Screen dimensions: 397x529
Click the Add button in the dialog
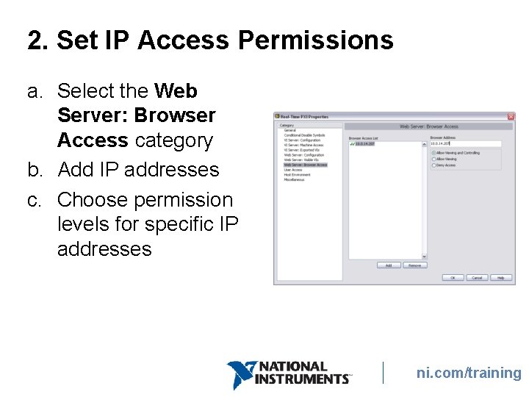pos(388,265)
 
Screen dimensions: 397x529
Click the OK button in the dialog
pos(453,278)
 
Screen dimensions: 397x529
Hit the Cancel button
pos(477,278)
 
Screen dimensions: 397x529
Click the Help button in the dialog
pos(500,278)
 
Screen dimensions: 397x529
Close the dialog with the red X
pos(511,116)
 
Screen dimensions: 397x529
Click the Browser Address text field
pos(465,144)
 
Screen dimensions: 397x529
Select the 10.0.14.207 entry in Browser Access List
pos(364,144)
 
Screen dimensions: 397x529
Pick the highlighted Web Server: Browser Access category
pos(306,165)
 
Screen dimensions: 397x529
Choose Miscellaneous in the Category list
pos(295,180)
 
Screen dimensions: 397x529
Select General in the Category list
pos(290,130)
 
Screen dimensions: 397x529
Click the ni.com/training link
pos(468,373)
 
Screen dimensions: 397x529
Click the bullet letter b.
pos(35,170)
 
